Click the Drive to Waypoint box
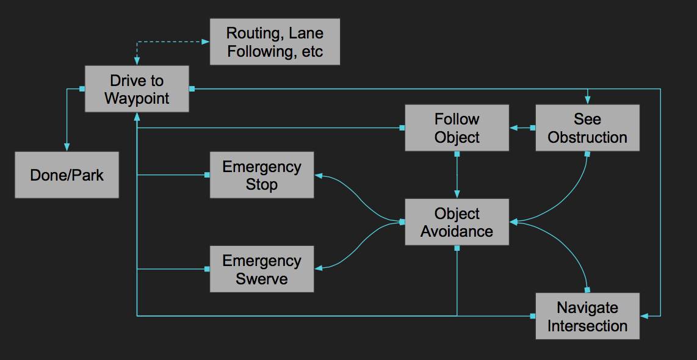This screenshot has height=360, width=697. (x=137, y=89)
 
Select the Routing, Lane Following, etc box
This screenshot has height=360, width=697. (x=275, y=41)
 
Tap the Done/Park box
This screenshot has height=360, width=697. (x=67, y=175)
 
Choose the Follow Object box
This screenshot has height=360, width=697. (x=457, y=128)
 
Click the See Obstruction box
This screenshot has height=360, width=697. (x=587, y=128)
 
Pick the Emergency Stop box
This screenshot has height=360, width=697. (x=261, y=175)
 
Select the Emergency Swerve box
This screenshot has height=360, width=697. (x=261, y=269)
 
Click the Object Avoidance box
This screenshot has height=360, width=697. (x=457, y=222)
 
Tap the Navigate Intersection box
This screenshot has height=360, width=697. (x=587, y=316)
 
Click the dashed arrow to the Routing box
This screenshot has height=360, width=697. (x=171, y=41)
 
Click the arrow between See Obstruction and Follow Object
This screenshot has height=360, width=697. (x=522, y=128)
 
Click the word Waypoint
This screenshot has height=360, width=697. (x=137, y=98)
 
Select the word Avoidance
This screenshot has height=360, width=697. (x=457, y=231)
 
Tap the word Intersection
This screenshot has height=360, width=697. (x=587, y=325)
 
